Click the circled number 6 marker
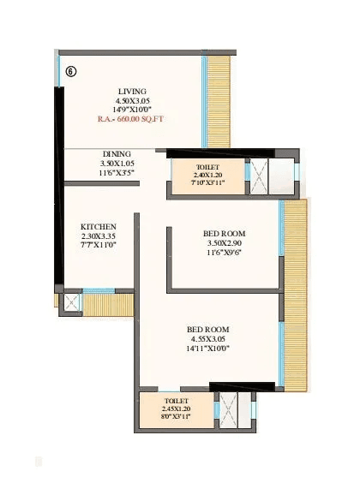pos(70,72)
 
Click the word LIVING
pos(132,91)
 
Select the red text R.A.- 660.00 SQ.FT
pos(132,121)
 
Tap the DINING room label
pos(117,154)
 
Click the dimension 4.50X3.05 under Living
pos(132,101)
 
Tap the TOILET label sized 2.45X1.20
pos(177,400)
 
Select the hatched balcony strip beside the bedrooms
pos(294,291)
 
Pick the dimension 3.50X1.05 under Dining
pos(117,164)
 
